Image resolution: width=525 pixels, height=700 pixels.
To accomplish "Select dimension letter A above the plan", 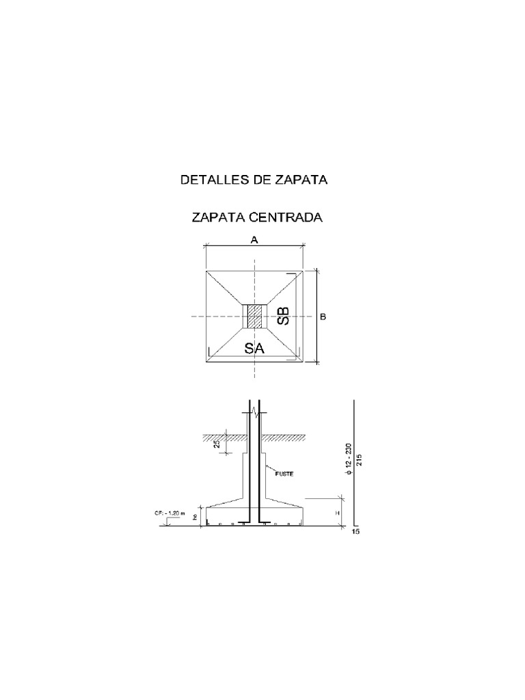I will tap(254, 240).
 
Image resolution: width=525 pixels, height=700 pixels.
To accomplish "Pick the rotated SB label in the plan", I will tap(283, 317).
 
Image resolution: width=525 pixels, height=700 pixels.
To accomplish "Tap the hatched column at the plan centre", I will tap(255, 317).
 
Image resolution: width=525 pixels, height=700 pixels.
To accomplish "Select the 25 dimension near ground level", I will tap(217, 444).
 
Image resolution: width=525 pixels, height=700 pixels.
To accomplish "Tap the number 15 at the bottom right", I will tap(355, 533).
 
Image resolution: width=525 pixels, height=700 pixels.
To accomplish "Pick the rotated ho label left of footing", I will tap(196, 517).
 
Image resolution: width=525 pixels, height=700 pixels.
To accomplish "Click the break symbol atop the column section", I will tap(255, 412).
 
